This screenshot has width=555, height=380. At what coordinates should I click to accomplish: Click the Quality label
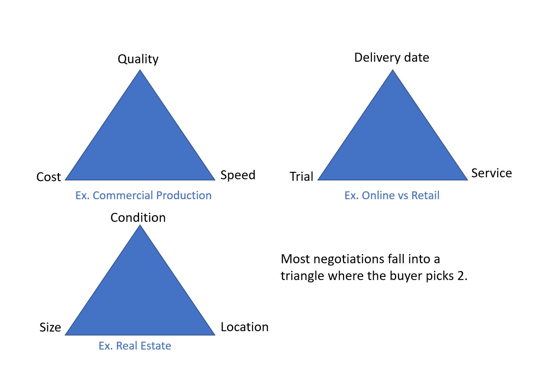tap(138, 59)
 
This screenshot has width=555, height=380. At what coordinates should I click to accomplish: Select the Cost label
tap(48, 177)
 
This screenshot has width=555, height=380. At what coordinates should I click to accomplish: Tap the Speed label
tap(238, 175)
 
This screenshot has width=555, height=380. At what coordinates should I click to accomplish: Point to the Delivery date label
tap(391, 58)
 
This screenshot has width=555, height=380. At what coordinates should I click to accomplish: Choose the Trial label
tap(302, 177)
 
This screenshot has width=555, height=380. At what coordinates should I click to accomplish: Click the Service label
tap(491, 173)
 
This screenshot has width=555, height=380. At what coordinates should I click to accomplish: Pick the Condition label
tap(138, 218)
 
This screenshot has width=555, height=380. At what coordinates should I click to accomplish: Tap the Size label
tap(50, 327)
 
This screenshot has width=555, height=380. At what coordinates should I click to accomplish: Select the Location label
tap(244, 327)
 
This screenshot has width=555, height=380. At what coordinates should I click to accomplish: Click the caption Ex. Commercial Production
tap(143, 195)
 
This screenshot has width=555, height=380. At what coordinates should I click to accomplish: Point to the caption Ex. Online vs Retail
tap(392, 195)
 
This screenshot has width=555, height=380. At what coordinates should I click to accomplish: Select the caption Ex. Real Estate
tap(135, 346)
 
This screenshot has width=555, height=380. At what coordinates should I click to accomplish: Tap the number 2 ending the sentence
tap(461, 276)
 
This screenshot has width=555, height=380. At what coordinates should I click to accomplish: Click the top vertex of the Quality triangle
tap(140, 70)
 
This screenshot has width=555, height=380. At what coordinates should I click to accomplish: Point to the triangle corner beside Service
tap(467, 180)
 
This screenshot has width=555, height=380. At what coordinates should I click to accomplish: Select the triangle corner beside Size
tap(66, 335)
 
